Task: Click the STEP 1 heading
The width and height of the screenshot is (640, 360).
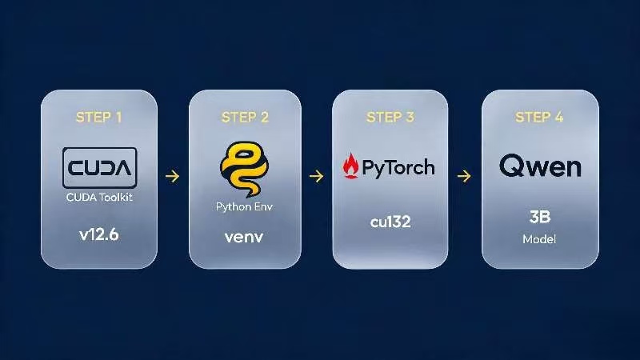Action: click(x=98, y=118)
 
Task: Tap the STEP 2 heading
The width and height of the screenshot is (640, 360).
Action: click(x=245, y=118)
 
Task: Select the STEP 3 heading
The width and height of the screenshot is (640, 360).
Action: click(x=390, y=118)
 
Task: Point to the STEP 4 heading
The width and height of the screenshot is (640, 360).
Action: click(x=539, y=118)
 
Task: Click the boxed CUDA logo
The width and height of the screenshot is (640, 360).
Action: click(x=99, y=167)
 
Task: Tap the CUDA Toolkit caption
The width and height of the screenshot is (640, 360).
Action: click(x=99, y=198)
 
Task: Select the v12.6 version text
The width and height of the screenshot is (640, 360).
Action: click(x=99, y=234)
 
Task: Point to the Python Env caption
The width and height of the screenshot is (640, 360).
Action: click(x=244, y=207)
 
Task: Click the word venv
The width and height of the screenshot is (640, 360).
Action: click(x=244, y=237)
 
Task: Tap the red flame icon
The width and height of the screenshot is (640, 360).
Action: click(x=350, y=166)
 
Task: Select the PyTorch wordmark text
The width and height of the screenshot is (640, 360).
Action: click(x=398, y=168)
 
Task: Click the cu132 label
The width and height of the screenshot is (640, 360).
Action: click(x=390, y=222)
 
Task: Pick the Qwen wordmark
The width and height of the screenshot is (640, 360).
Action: click(x=540, y=166)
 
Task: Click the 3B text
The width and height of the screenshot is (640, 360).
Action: click(x=539, y=217)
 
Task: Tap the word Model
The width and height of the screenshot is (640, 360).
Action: click(x=539, y=239)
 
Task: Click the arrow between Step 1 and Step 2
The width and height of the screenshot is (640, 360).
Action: click(x=172, y=176)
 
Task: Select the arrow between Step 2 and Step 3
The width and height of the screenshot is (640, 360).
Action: click(x=316, y=176)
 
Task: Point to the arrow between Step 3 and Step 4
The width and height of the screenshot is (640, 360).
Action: click(x=464, y=176)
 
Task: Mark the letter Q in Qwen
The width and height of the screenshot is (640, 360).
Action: click(x=511, y=166)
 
